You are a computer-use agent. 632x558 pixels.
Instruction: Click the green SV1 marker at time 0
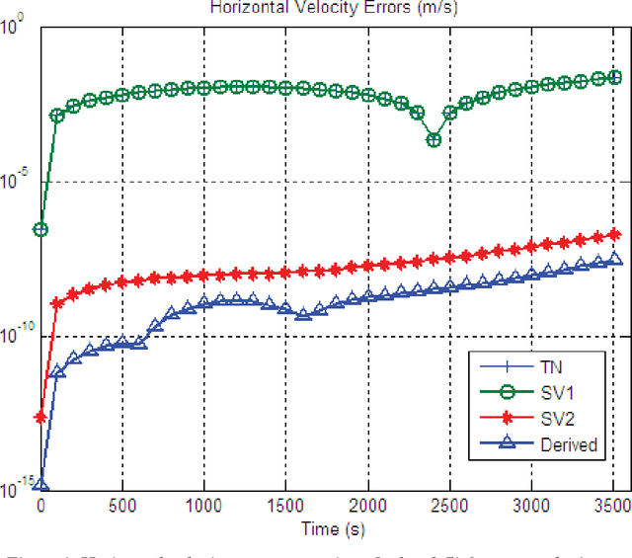(x=40, y=229)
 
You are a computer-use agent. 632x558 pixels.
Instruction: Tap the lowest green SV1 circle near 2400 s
(x=433, y=139)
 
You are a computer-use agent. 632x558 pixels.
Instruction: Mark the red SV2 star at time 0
(x=40, y=418)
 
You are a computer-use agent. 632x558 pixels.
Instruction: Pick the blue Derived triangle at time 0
(x=40, y=486)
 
